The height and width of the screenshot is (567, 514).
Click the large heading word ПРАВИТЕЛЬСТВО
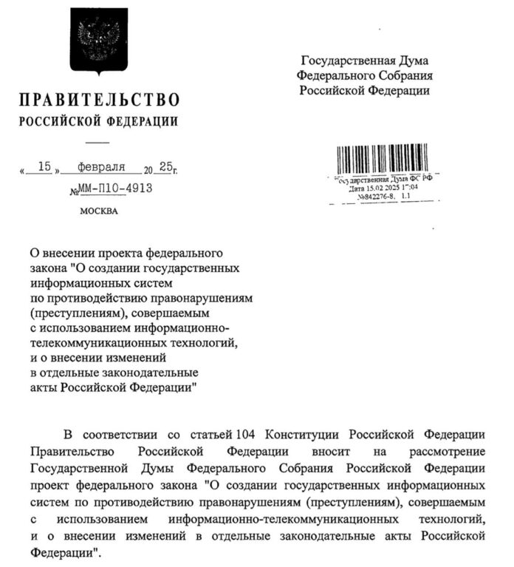click(x=99, y=101)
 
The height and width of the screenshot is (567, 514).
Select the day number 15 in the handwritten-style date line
click(x=44, y=168)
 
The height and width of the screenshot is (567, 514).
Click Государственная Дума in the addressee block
click(x=364, y=61)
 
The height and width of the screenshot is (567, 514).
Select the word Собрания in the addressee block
click(x=405, y=75)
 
